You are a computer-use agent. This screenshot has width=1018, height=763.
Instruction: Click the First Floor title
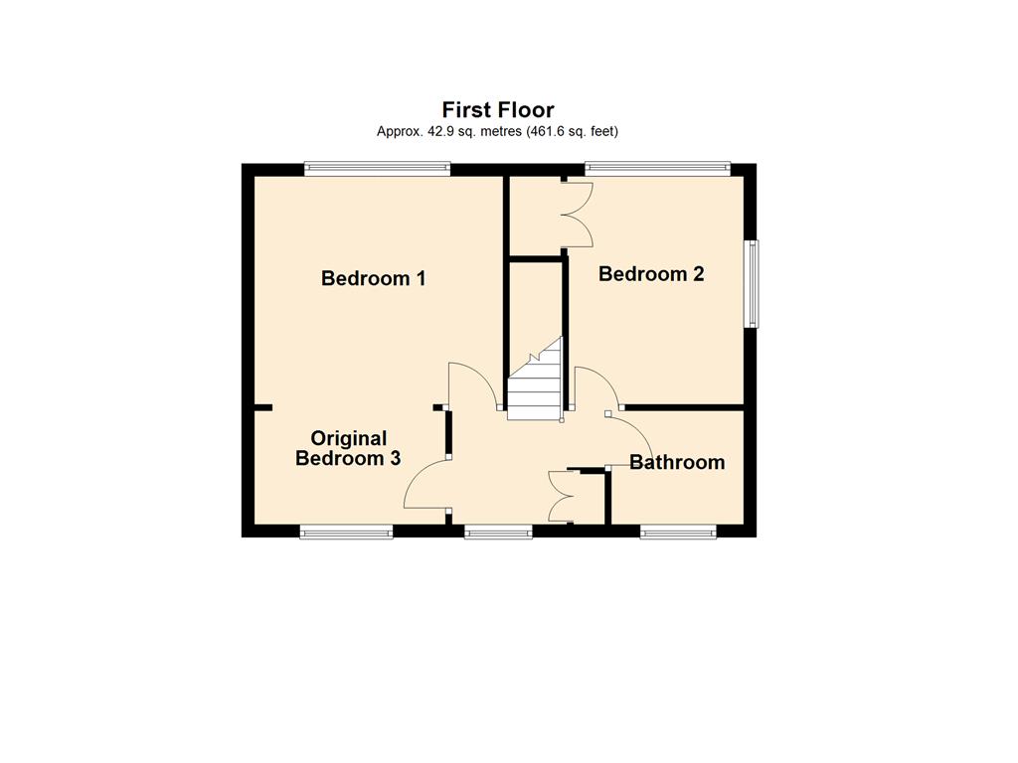[498, 109]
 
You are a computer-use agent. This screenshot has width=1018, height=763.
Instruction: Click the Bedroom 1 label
[374, 278]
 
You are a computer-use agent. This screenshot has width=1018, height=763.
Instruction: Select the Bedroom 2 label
[651, 274]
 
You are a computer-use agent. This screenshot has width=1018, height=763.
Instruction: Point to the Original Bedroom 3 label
[348, 448]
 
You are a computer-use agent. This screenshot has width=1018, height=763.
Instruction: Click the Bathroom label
[677, 462]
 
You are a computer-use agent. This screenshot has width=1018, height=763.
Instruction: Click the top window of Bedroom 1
[377, 169]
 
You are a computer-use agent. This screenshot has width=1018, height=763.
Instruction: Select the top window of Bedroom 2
[658, 169]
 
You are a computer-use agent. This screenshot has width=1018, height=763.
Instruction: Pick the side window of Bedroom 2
[752, 283]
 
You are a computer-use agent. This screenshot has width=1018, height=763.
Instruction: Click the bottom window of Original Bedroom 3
[347, 533]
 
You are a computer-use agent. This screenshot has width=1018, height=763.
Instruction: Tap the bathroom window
[678, 533]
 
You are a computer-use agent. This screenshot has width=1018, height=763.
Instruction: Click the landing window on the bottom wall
[499, 533]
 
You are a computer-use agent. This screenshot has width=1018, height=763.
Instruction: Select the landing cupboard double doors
[560, 497]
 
